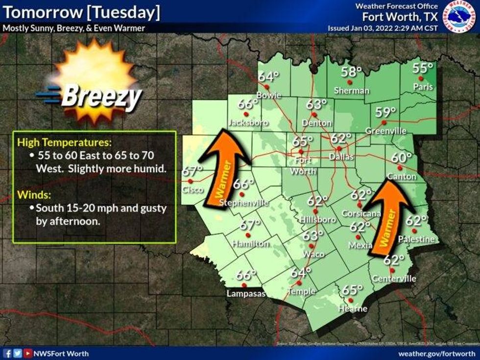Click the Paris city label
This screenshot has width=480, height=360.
tap(423, 87)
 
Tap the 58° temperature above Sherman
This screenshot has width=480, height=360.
tap(351, 72)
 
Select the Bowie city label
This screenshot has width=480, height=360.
tap(268, 95)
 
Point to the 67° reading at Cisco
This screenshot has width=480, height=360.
tap(192, 171)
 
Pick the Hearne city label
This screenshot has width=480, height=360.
tap(353, 309)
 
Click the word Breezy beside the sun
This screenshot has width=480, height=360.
tap(101, 97)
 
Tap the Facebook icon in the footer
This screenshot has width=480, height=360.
tap(8, 353)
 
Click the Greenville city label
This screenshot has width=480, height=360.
tap(385, 131)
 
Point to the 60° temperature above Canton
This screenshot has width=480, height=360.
tap(401, 158)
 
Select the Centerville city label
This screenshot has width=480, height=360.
tap(394, 279)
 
